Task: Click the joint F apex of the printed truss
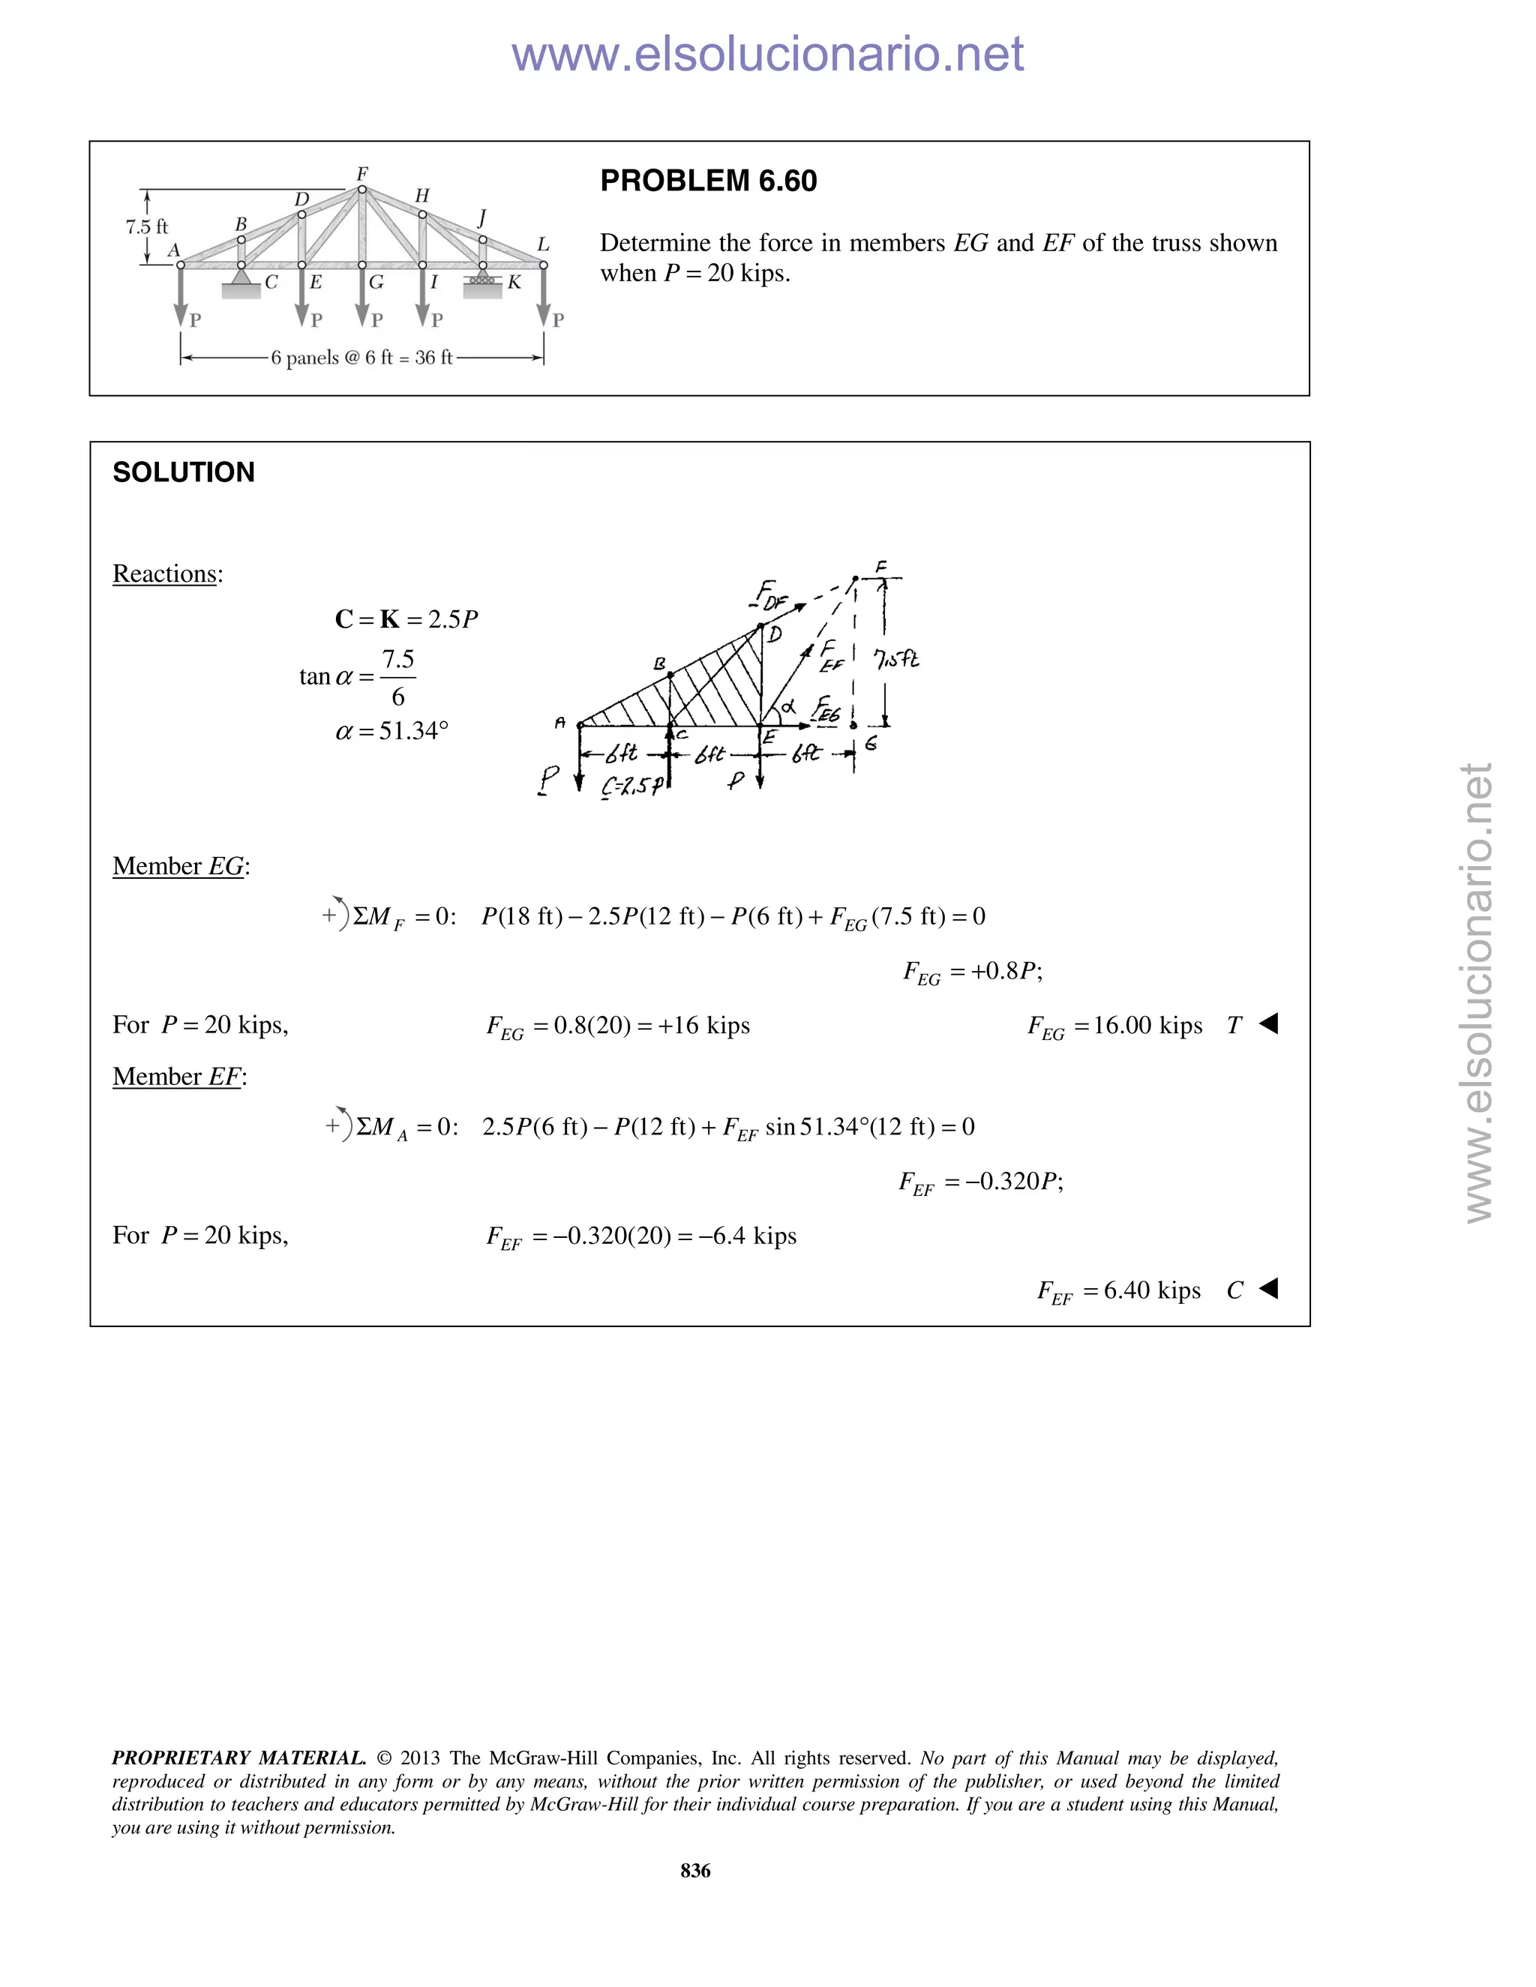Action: [x=362, y=189]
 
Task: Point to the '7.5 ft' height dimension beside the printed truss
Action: [x=146, y=226]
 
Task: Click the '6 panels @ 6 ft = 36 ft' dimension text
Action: [x=361, y=358]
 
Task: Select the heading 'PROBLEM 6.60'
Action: [x=708, y=181]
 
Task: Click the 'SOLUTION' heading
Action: [x=184, y=472]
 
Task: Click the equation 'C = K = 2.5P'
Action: [x=406, y=619]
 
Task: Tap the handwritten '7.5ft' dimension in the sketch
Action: [x=896, y=658]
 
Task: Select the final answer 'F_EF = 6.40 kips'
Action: [x=1118, y=1291]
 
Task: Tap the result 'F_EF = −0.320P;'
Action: [x=981, y=1182]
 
